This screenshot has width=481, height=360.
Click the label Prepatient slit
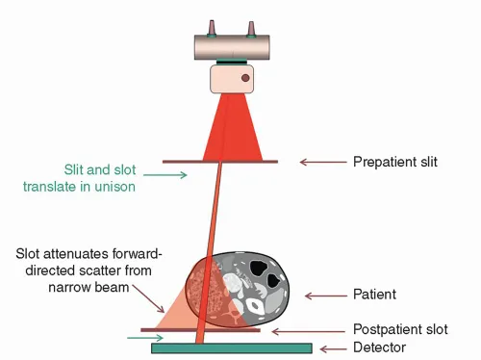click(x=394, y=162)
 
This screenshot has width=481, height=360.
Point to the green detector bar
click(x=231, y=348)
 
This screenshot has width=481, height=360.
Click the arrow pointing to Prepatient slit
click(x=319, y=162)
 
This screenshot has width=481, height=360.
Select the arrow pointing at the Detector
click(x=336, y=348)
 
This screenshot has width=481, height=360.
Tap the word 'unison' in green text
click(x=113, y=187)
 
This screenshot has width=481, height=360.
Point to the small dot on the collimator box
click(x=245, y=78)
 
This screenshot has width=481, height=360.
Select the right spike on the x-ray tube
click(x=252, y=27)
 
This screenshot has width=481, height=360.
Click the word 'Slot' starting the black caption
click(x=30, y=254)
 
